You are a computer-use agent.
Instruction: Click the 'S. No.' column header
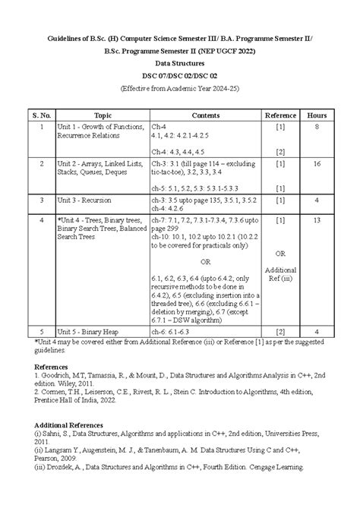point(41,115)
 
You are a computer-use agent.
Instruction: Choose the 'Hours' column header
point(317,115)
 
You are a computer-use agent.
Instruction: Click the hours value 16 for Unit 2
point(317,163)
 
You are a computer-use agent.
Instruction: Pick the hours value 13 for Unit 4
point(317,219)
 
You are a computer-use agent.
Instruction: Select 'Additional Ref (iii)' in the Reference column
point(280,275)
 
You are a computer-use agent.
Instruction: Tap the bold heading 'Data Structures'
point(179,64)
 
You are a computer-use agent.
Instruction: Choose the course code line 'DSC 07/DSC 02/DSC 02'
point(179,77)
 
